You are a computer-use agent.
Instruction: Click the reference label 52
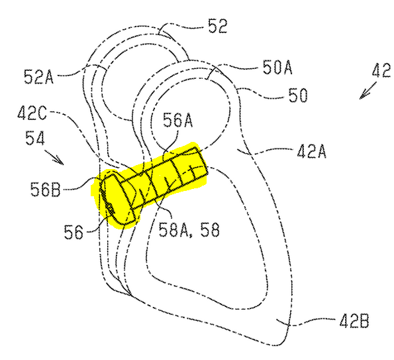point(218,26)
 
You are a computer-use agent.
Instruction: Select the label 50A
point(277,67)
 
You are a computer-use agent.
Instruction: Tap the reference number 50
point(298,95)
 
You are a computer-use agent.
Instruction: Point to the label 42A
point(312,151)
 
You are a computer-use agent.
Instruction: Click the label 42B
point(354,321)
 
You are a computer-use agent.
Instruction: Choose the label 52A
point(38,76)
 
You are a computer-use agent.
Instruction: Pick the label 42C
point(32,113)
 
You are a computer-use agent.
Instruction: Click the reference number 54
point(35,138)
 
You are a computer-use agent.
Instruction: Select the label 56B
point(46,190)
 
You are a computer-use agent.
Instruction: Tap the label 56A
point(177,120)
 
